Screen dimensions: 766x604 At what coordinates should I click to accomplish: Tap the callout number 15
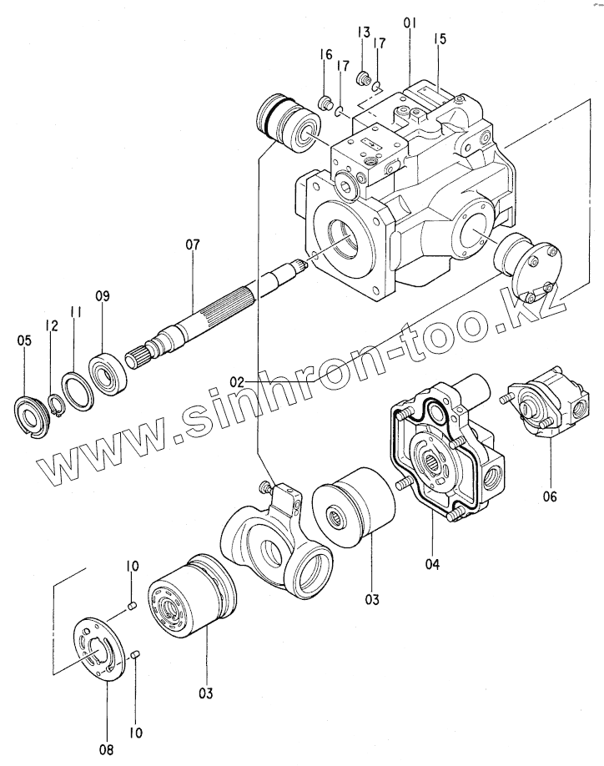pyautogui.click(x=440, y=38)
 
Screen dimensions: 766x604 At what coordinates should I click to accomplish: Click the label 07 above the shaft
pyautogui.click(x=193, y=245)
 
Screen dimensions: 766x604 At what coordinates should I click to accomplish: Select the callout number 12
pyautogui.click(x=53, y=325)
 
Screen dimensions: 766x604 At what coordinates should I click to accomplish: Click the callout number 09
pyautogui.click(x=102, y=295)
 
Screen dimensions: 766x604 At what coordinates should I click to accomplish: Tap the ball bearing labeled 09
pyautogui.click(x=107, y=367)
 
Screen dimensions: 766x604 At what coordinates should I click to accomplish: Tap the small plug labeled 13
pyautogui.click(x=364, y=79)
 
